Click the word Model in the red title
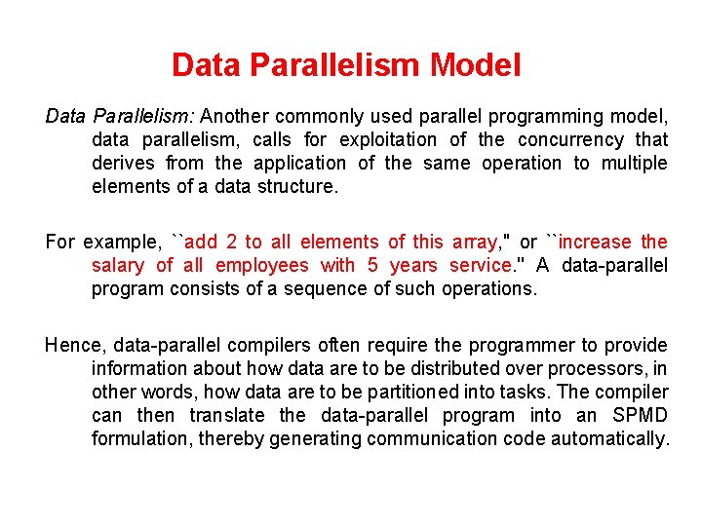click(476, 65)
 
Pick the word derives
click(122, 163)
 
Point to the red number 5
click(373, 265)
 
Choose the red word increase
click(596, 242)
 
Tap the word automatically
click(610, 438)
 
